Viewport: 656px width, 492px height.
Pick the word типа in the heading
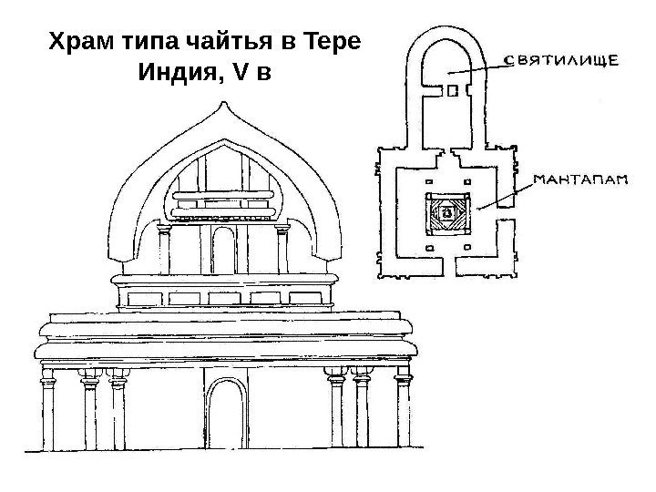149,43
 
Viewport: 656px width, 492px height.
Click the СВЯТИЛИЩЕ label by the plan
564,61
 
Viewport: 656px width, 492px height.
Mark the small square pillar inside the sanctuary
453,90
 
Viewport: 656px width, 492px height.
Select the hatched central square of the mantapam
447,215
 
